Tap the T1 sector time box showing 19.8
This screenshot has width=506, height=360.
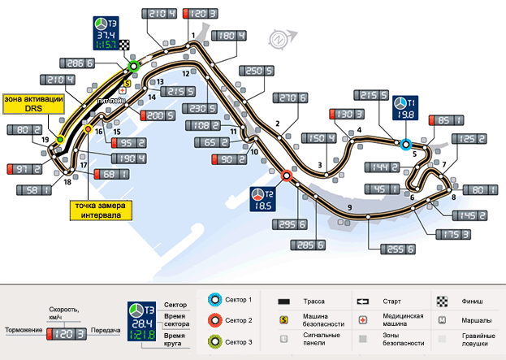pyautogui.click(x=404, y=108)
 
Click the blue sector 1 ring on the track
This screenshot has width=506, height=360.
pyautogui.click(x=406, y=145)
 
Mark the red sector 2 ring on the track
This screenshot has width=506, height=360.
pyautogui.click(x=286, y=175)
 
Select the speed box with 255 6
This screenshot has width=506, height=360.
pyautogui.click(x=397, y=249)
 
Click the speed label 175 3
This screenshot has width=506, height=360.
pyautogui.click(x=453, y=234)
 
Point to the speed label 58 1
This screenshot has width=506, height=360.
pyautogui.click(x=33, y=190)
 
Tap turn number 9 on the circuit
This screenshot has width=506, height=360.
pyautogui.click(x=349, y=208)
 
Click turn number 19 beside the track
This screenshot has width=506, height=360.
pyautogui.click(x=45, y=140)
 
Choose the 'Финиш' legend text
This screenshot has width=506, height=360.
pyautogui.click(x=473, y=300)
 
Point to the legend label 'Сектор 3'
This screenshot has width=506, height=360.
pyautogui.click(x=239, y=342)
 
